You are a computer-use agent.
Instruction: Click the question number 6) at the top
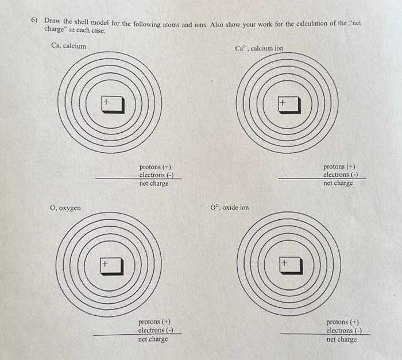click(34, 20)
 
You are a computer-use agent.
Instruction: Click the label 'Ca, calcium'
click(69, 46)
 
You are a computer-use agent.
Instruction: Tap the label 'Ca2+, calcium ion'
click(259, 48)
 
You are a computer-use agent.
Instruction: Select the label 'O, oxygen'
click(65, 208)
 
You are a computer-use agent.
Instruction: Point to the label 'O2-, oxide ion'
click(230, 207)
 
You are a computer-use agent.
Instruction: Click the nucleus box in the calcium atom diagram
click(113, 104)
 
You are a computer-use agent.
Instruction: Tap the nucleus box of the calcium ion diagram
click(289, 105)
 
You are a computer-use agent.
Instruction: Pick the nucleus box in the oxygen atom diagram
click(112, 266)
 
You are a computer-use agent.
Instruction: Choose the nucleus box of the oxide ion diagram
click(291, 266)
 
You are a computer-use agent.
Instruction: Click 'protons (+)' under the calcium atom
click(155, 167)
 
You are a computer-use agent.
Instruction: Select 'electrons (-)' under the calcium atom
click(156, 175)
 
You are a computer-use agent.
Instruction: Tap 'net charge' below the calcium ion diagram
click(338, 183)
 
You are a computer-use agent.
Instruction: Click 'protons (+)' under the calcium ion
click(339, 167)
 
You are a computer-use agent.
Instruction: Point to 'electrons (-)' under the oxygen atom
click(156, 330)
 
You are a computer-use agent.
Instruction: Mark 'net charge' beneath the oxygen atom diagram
click(153, 339)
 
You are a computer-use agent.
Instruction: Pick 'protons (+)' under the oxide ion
click(342, 322)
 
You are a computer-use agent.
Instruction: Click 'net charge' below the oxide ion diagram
click(342, 339)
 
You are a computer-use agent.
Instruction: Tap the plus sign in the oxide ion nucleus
click(284, 263)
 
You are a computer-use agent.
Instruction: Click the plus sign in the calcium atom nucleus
click(106, 102)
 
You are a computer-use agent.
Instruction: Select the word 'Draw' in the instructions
click(53, 21)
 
